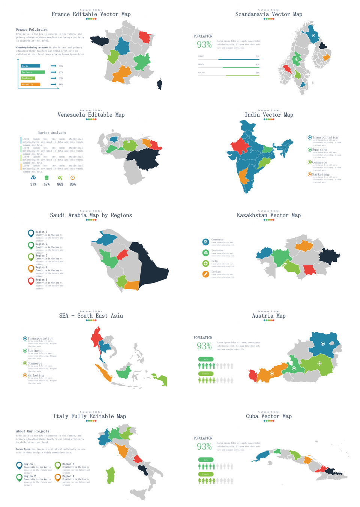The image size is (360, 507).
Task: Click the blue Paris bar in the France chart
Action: click(30, 66)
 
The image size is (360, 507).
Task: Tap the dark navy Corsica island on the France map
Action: click(160, 84)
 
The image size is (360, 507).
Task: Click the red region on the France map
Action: click(145, 37)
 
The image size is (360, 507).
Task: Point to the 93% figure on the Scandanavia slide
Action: click(204, 45)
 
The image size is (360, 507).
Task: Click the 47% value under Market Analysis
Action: click(46, 184)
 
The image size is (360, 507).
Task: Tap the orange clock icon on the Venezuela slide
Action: click(73, 178)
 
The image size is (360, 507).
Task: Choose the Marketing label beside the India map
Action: click(320, 174)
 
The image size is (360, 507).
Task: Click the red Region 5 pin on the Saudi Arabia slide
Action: click(31, 281)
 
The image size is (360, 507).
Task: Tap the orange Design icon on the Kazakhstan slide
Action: click(205, 274)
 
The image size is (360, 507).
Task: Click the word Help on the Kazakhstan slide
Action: click(214, 261)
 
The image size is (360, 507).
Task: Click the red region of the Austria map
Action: click(253, 375)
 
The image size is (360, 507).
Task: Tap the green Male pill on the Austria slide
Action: click(206, 359)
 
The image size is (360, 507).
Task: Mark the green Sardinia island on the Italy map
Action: click(111, 475)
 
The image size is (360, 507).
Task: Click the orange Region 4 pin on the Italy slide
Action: click(57, 477)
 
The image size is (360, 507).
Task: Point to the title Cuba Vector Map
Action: click(268, 416)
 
